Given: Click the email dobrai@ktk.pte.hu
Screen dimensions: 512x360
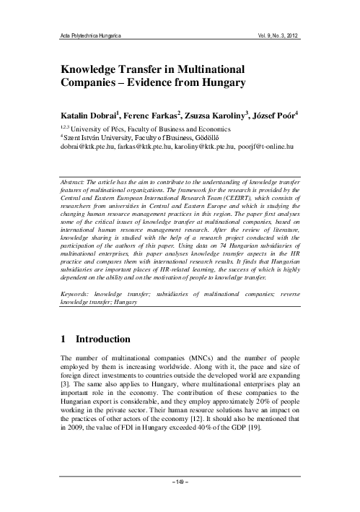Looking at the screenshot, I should [x=83, y=145].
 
